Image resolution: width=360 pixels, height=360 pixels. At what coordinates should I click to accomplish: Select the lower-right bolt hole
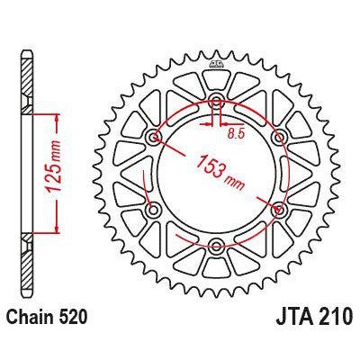pyautogui.click(x=278, y=209)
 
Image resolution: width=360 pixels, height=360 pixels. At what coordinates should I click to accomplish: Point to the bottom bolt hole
pyautogui.click(x=217, y=245)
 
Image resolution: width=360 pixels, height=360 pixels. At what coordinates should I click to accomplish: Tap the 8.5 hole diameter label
pyautogui.click(x=237, y=132)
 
